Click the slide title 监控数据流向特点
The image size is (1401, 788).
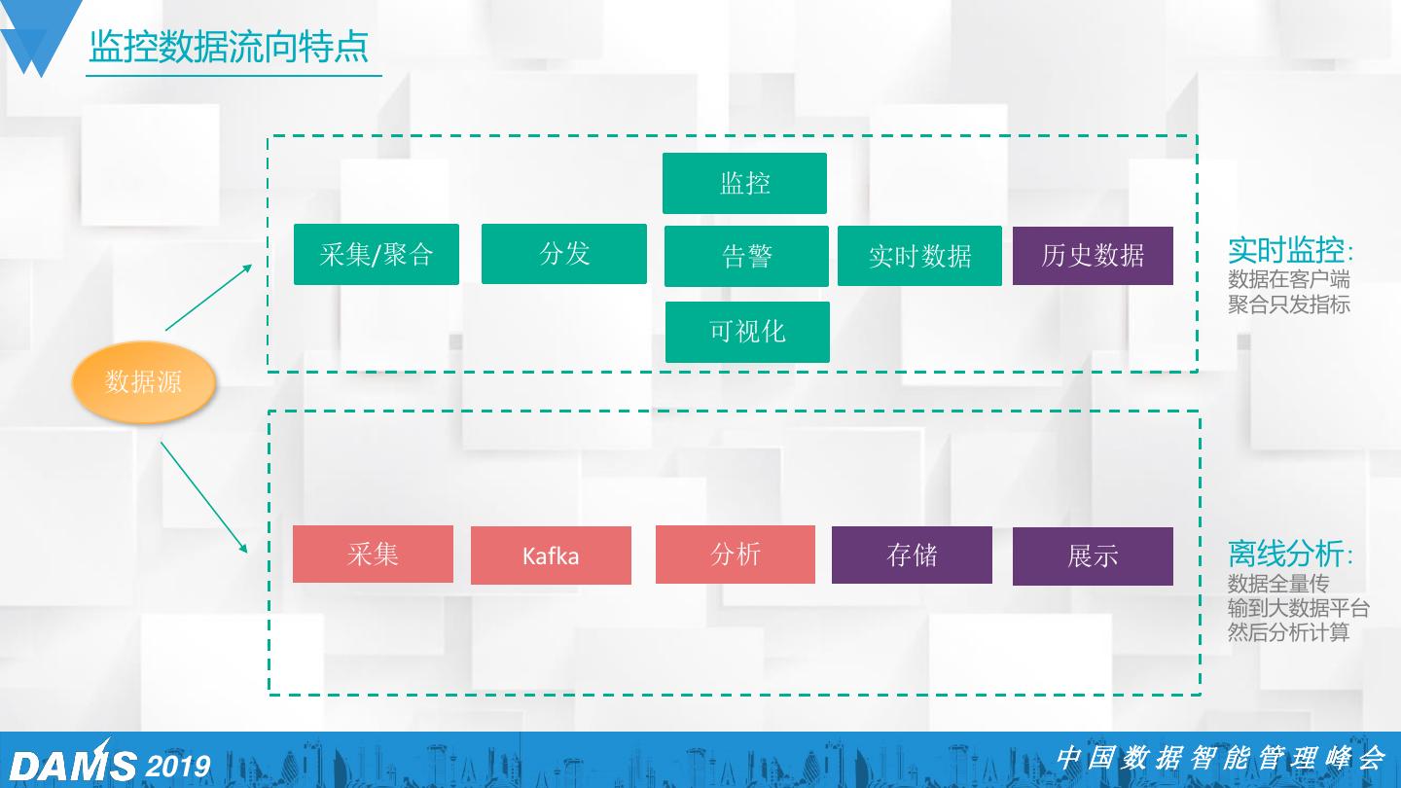coord(229,47)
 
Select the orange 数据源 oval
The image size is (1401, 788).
coord(143,381)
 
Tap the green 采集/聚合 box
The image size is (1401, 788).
coord(377,255)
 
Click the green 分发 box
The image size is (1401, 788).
coord(564,254)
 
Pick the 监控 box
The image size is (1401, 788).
coord(744,183)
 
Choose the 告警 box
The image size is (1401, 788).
coord(746,256)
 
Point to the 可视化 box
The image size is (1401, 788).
coord(747,332)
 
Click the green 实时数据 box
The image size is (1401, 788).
coord(919,256)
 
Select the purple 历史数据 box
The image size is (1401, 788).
coord(1093,256)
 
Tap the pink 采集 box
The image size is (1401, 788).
coord(373,555)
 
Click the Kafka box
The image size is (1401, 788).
coord(551,555)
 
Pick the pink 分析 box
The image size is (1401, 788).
coord(736,555)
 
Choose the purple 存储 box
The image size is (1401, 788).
coord(912,555)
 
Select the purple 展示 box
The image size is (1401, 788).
coord(1093,556)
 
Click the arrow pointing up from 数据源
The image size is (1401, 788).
coord(208,297)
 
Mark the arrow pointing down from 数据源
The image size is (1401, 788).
coord(204,498)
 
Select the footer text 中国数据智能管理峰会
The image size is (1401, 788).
coord(1220,758)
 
